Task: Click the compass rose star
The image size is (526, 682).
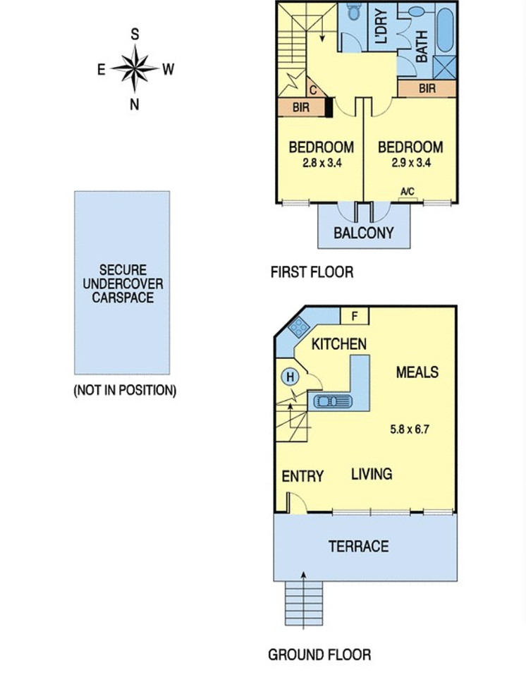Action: [135, 68]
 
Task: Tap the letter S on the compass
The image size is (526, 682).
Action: [135, 34]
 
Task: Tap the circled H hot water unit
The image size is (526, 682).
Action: [290, 377]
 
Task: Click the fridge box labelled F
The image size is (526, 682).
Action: [354, 316]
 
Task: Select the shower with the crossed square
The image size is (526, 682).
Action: [445, 68]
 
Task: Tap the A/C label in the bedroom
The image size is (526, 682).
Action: [408, 191]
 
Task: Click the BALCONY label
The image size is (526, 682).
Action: [363, 233]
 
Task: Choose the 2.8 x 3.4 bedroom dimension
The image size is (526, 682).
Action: [322, 163]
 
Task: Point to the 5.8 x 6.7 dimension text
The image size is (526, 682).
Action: [410, 430]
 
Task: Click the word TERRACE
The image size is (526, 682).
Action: [359, 547]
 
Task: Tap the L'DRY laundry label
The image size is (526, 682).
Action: [381, 27]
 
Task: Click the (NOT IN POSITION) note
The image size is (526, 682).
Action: [126, 390]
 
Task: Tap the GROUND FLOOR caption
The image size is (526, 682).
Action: [319, 654]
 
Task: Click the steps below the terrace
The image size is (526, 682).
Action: [304, 603]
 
